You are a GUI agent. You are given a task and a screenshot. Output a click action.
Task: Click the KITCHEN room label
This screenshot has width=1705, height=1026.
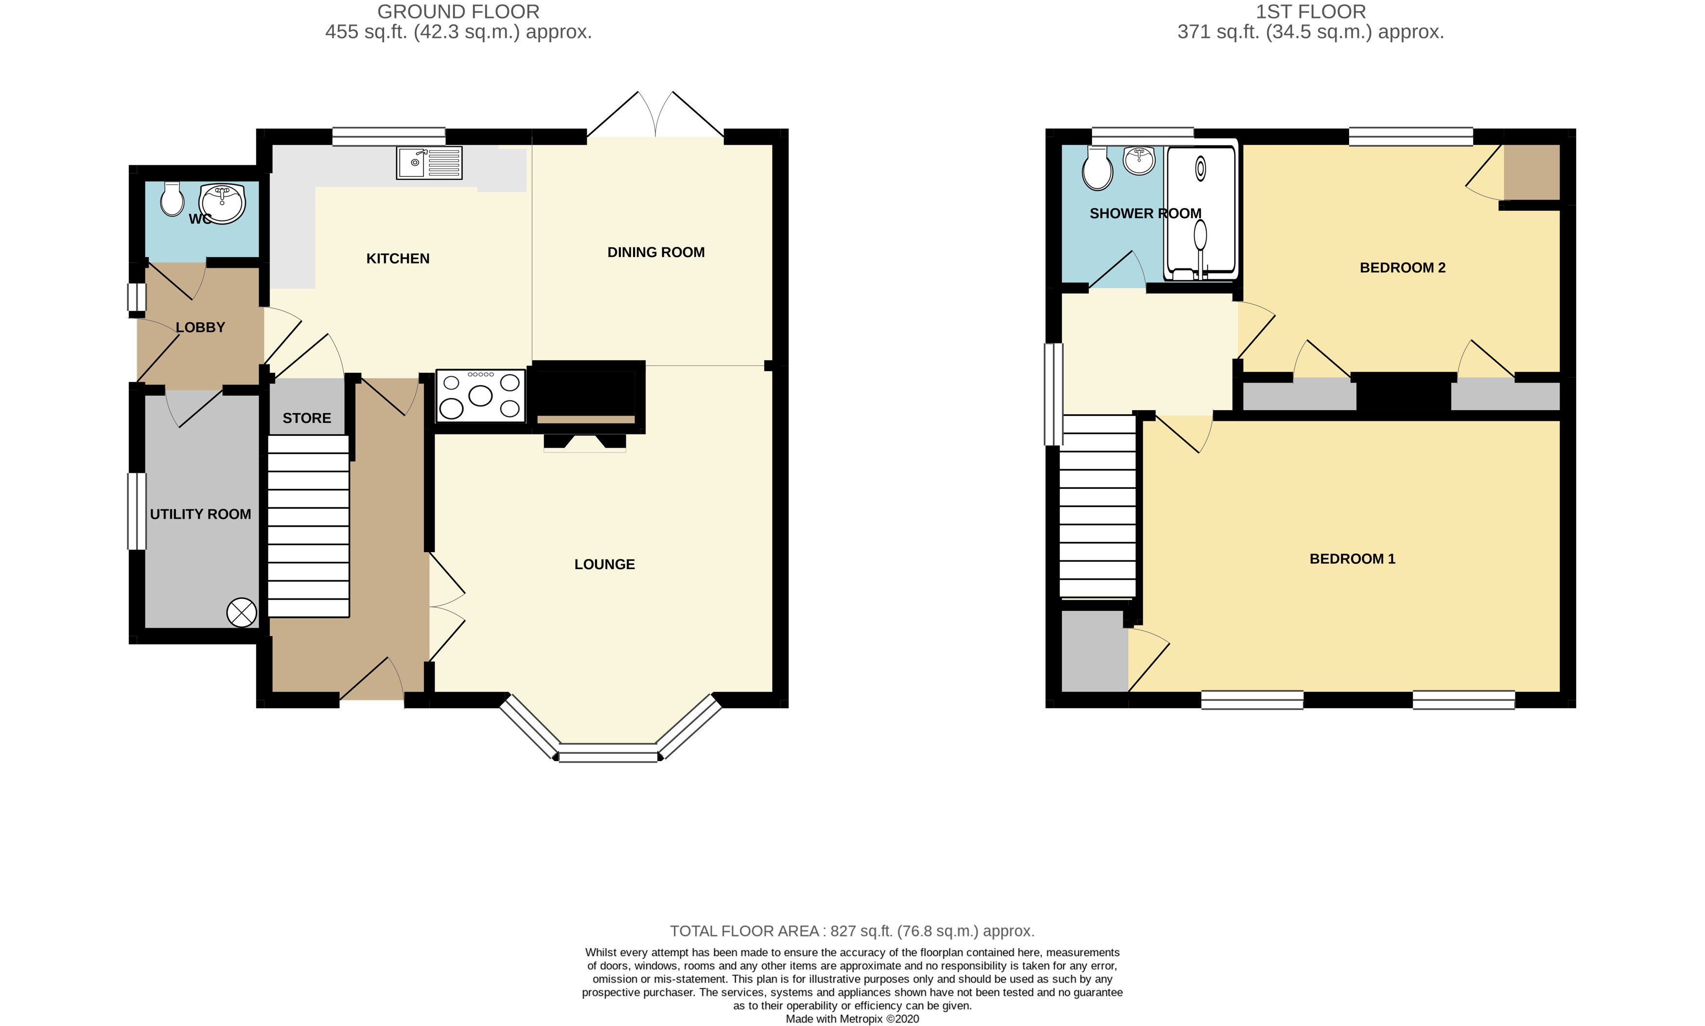[x=398, y=259]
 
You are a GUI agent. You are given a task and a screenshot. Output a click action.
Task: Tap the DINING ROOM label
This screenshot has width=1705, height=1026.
[x=655, y=252]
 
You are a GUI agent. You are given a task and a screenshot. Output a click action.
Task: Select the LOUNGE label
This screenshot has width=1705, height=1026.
[x=604, y=564]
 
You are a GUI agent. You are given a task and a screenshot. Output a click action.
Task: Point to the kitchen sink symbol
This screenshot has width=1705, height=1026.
[x=429, y=163]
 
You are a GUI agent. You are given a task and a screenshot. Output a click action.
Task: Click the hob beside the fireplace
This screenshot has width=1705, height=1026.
[x=480, y=396]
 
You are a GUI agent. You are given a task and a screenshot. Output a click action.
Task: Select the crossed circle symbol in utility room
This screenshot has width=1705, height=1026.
[x=241, y=612]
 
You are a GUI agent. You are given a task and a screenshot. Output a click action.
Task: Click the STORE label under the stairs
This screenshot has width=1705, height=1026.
[x=306, y=418]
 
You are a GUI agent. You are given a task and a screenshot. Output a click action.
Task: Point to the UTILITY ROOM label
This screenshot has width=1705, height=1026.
[x=200, y=514]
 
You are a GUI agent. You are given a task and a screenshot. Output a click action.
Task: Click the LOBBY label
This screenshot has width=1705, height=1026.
[x=200, y=328]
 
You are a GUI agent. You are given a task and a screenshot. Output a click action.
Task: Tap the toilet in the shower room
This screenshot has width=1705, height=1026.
[x=1097, y=168]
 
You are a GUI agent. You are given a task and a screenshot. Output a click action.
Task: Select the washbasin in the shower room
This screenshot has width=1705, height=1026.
[x=1139, y=161]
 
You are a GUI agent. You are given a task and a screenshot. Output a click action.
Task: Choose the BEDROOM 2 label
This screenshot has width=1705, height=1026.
[x=1402, y=268]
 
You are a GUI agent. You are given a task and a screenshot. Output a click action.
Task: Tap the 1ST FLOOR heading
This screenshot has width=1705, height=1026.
[x=1310, y=12]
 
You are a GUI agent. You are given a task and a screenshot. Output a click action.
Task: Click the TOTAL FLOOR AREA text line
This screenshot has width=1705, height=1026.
[x=852, y=931]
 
